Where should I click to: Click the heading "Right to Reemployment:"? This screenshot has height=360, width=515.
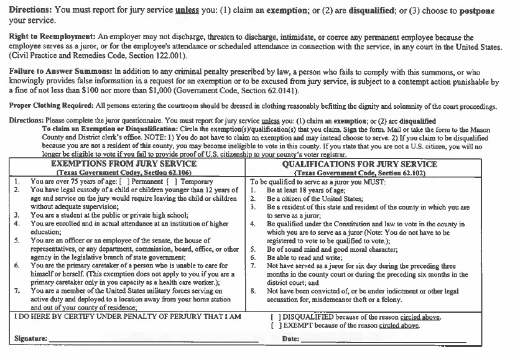point(47,38)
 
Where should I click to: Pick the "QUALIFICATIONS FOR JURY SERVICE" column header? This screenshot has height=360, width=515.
point(377,164)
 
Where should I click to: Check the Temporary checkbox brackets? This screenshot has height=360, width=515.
point(164,182)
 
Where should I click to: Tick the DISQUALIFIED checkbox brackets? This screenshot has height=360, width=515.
point(273,317)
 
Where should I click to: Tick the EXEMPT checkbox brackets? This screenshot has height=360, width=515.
point(273,325)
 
